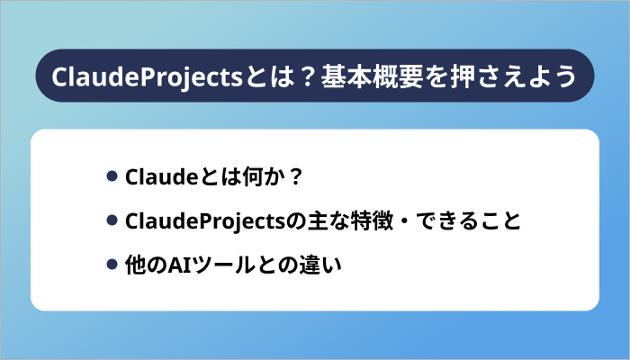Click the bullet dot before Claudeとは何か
point(112,175)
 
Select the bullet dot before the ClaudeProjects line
point(112,220)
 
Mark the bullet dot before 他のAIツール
point(112,265)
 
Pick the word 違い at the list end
point(308,265)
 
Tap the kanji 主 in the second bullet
point(309,220)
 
